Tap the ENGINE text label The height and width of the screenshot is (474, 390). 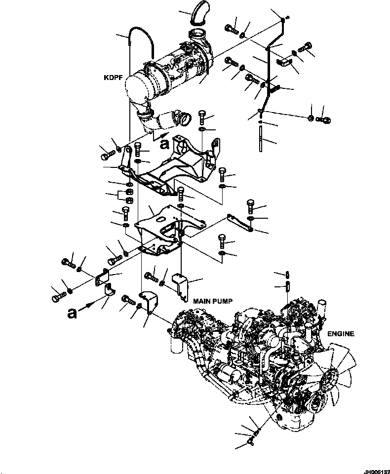coord(341,334)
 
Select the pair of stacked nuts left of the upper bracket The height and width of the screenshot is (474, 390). coord(127,196)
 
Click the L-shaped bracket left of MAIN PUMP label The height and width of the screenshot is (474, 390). coord(181,285)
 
